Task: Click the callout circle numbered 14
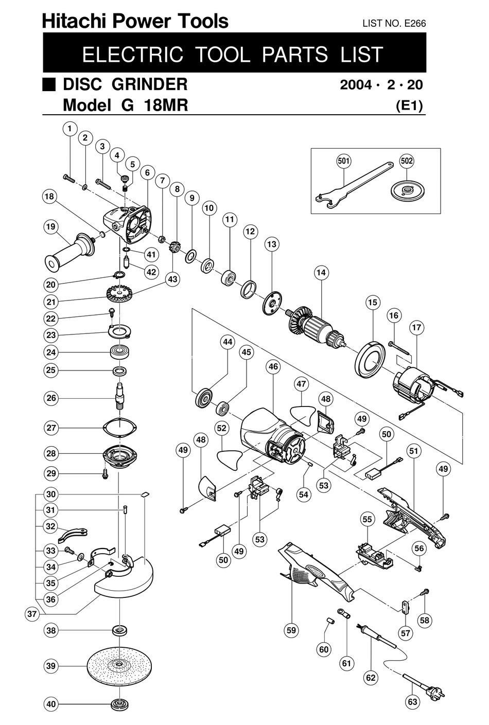[321, 273]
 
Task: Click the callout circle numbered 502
[407, 161]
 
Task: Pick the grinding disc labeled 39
[119, 665]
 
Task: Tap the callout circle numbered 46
[273, 367]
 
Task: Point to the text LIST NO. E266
[394, 23]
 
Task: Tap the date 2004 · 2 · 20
[381, 84]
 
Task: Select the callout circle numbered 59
[291, 630]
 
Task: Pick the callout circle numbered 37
[32, 614]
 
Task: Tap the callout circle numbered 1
[69, 129]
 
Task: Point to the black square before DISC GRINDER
[49, 84]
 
